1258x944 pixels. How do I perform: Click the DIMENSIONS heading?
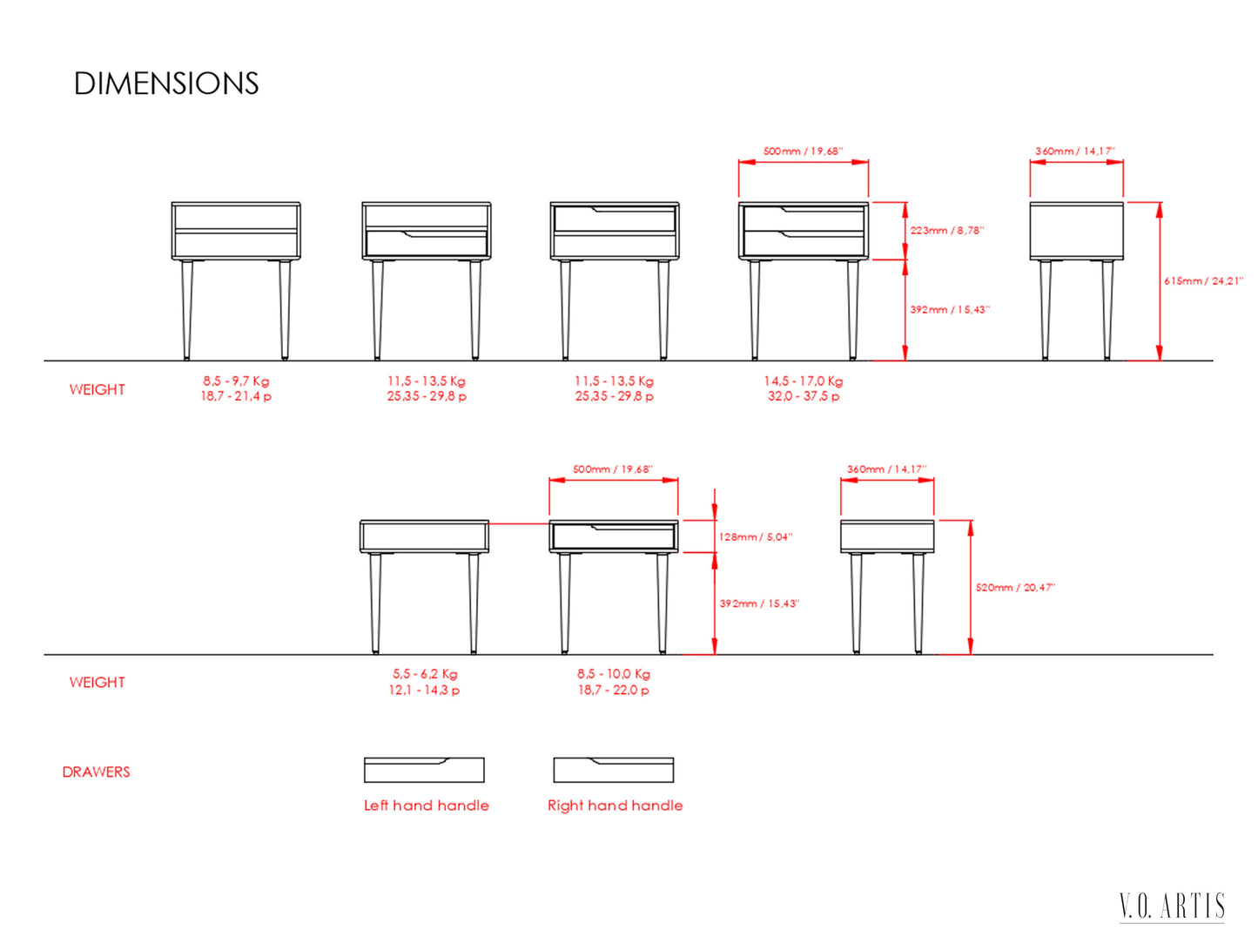click(x=166, y=84)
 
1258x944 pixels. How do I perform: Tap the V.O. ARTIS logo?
click(x=1172, y=907)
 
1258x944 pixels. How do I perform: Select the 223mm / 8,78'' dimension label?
click(x=947, y=231)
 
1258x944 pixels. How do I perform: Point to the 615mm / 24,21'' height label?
click(x=1203, y=281)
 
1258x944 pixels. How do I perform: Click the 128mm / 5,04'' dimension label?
click(x=756, y=537)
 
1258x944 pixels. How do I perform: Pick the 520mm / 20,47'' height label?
click(x=1015, y=588)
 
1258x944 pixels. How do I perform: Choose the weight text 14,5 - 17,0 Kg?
click(x=803, y=381)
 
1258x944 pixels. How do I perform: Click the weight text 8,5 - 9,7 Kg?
click(x=236, y=381)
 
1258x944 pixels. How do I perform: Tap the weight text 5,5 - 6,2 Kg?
click(x=425, y=674)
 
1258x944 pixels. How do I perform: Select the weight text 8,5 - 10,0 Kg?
click(x=613, y=674)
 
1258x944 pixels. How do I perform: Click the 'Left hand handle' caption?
click(x=427, y=806)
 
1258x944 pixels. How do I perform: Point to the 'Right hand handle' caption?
click(x=615, y=806)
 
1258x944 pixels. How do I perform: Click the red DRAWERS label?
click(x=97, y=772)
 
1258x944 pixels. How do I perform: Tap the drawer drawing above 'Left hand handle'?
click(x=424, y=769)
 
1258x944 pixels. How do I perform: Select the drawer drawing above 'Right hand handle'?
click(x=613, y=769)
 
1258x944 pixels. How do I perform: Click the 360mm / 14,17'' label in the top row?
click(x=1075, y=152)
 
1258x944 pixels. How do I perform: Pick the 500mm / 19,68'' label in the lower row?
click(x=613, y=469)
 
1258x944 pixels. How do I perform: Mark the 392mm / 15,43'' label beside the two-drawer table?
click(x=950, y=309)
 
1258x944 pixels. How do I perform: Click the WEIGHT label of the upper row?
click(x=97, y=390)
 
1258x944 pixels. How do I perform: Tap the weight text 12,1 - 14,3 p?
click(x=424, y=690)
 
